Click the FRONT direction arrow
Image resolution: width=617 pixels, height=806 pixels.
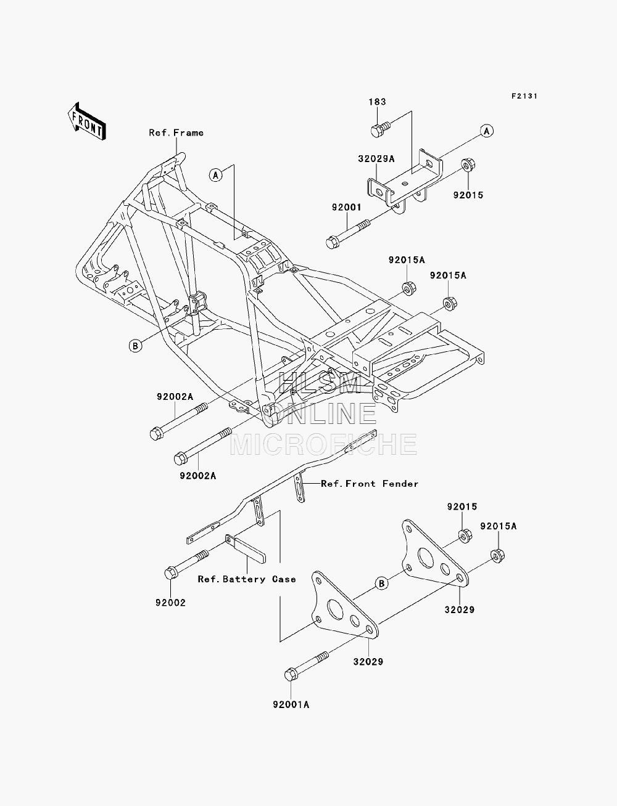[87, 121]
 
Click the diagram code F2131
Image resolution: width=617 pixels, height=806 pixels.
[524, 96]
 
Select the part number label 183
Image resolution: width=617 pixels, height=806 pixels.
[377, 102]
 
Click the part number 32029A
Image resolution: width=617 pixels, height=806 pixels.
[376, 158]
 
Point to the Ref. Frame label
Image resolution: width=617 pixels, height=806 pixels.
[176, 132]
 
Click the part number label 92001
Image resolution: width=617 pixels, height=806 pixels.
[346, 208]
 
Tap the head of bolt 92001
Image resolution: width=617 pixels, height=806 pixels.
[333, 242]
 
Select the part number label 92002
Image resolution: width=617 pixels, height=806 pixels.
[171, 603]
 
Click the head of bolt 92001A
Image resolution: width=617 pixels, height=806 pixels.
[291, 675]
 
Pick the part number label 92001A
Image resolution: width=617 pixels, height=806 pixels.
[291, 705]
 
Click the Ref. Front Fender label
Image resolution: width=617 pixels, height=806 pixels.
[370, 484]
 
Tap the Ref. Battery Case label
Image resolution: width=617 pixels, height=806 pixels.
[247, 579]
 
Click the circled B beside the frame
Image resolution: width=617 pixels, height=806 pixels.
[135, 346]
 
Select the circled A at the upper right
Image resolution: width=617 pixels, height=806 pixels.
[487, 131]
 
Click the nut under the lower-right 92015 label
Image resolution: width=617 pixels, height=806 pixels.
[465, 536]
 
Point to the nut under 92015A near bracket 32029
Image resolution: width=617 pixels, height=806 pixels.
[497, 555]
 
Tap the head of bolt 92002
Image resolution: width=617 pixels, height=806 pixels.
[171, 573]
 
